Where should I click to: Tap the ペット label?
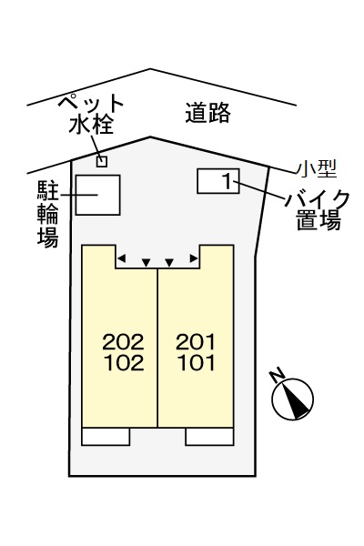(x=91, y=102)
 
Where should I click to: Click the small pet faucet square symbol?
(x=102, y=162)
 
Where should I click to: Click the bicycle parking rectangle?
(x=97, y=194)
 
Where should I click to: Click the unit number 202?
(x=123, y=343)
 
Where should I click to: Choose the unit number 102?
(x=123, y=364)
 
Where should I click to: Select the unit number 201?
(x=196, y=343)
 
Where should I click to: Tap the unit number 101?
(x=196, y=364)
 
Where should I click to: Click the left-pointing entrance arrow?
(x=122, y=258)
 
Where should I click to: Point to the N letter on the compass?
(x=279, y=377)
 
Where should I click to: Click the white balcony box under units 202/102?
(x=106, y=436)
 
